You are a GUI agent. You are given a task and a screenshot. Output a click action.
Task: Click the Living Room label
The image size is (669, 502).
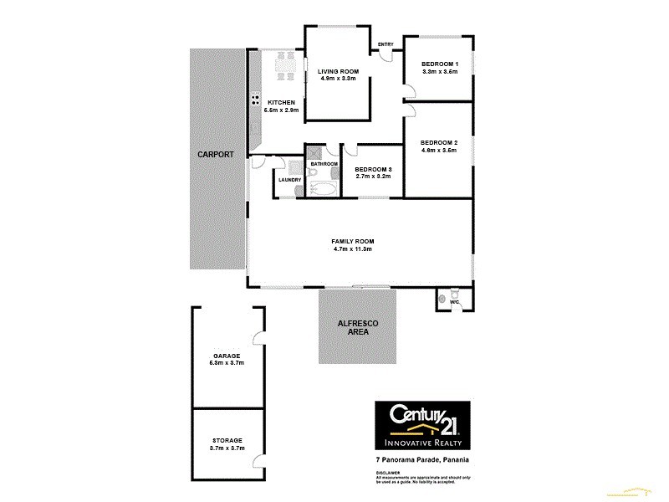(337, 70)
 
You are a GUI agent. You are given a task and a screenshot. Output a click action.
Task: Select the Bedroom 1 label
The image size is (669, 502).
(439, 64)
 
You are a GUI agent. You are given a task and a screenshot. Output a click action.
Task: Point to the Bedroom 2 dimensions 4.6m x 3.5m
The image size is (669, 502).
(439, 151)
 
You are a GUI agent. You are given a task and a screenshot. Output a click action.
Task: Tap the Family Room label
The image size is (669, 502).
(351, 241)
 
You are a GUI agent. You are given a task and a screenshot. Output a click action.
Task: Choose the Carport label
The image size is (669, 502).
(215, 155)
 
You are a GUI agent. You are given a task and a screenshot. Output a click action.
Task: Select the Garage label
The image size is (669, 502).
(227, 356)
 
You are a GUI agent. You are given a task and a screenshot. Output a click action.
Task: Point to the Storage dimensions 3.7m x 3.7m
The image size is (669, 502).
(227, 448)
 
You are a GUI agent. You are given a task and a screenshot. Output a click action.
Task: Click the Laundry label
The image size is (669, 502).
(290, 178)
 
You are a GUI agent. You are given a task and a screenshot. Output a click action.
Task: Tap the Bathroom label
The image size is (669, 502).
(324, 163)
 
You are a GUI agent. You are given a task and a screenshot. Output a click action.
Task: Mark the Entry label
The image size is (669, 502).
(386, 44)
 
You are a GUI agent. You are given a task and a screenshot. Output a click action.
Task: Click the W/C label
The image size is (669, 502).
(454, 303)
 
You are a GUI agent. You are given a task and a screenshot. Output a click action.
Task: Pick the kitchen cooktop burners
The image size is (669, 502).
(254, 102)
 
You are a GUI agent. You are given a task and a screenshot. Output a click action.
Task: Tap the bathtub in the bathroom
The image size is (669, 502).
(321, 189)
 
